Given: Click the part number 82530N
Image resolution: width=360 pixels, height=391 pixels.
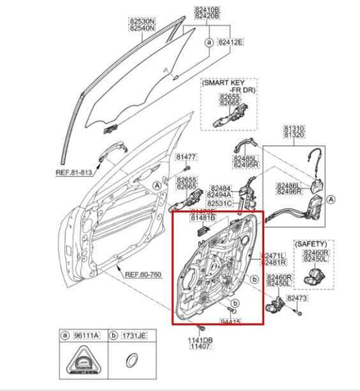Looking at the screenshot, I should coord(142,21).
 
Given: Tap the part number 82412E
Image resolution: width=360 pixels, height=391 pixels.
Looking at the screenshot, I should coord(231,42).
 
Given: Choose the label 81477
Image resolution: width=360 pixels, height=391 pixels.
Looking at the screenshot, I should coord(186,156).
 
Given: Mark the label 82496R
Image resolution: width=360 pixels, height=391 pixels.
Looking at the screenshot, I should coord(290,191).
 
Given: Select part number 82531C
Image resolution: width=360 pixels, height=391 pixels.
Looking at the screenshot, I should coord(220,203).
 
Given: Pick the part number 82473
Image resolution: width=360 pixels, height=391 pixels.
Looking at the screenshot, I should coord(297,297).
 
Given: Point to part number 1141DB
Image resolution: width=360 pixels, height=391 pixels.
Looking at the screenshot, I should coord(200,340).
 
